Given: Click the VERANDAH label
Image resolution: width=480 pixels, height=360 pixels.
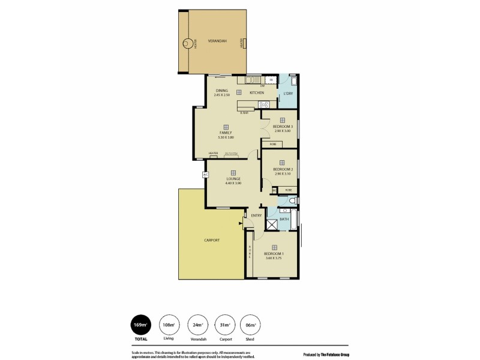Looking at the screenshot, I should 217,41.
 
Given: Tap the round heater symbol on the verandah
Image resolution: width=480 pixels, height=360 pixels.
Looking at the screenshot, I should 188,43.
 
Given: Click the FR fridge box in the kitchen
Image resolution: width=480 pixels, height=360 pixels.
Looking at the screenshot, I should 271,80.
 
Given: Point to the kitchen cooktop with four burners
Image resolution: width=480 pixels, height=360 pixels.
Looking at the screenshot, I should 263,106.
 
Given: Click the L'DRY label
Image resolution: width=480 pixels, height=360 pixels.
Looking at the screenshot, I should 287,95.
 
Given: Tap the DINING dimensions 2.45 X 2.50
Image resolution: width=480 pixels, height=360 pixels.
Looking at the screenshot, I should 222,95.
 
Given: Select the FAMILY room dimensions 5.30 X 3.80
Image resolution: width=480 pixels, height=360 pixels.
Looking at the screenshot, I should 226,137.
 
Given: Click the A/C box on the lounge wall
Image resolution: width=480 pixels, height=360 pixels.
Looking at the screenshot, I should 205,175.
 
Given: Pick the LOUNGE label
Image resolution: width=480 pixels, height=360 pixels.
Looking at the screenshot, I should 233,179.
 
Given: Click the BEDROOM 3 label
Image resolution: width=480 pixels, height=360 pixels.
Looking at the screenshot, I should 283,127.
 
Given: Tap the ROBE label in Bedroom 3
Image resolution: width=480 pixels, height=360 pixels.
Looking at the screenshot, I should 272,145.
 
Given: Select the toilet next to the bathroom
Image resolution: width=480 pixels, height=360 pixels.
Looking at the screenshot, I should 291,210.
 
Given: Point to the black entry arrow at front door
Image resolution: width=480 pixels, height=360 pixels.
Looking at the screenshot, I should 241,224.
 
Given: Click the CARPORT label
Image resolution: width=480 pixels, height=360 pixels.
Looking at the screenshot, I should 211,240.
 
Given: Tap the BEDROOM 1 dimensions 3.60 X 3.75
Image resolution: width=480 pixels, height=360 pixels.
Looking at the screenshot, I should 274,258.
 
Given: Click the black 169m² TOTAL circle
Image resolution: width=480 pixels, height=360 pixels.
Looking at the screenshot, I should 140,325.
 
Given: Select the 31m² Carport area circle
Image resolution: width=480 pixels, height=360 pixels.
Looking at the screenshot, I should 224,325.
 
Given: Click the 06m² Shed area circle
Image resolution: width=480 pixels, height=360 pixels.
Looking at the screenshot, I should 250,325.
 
